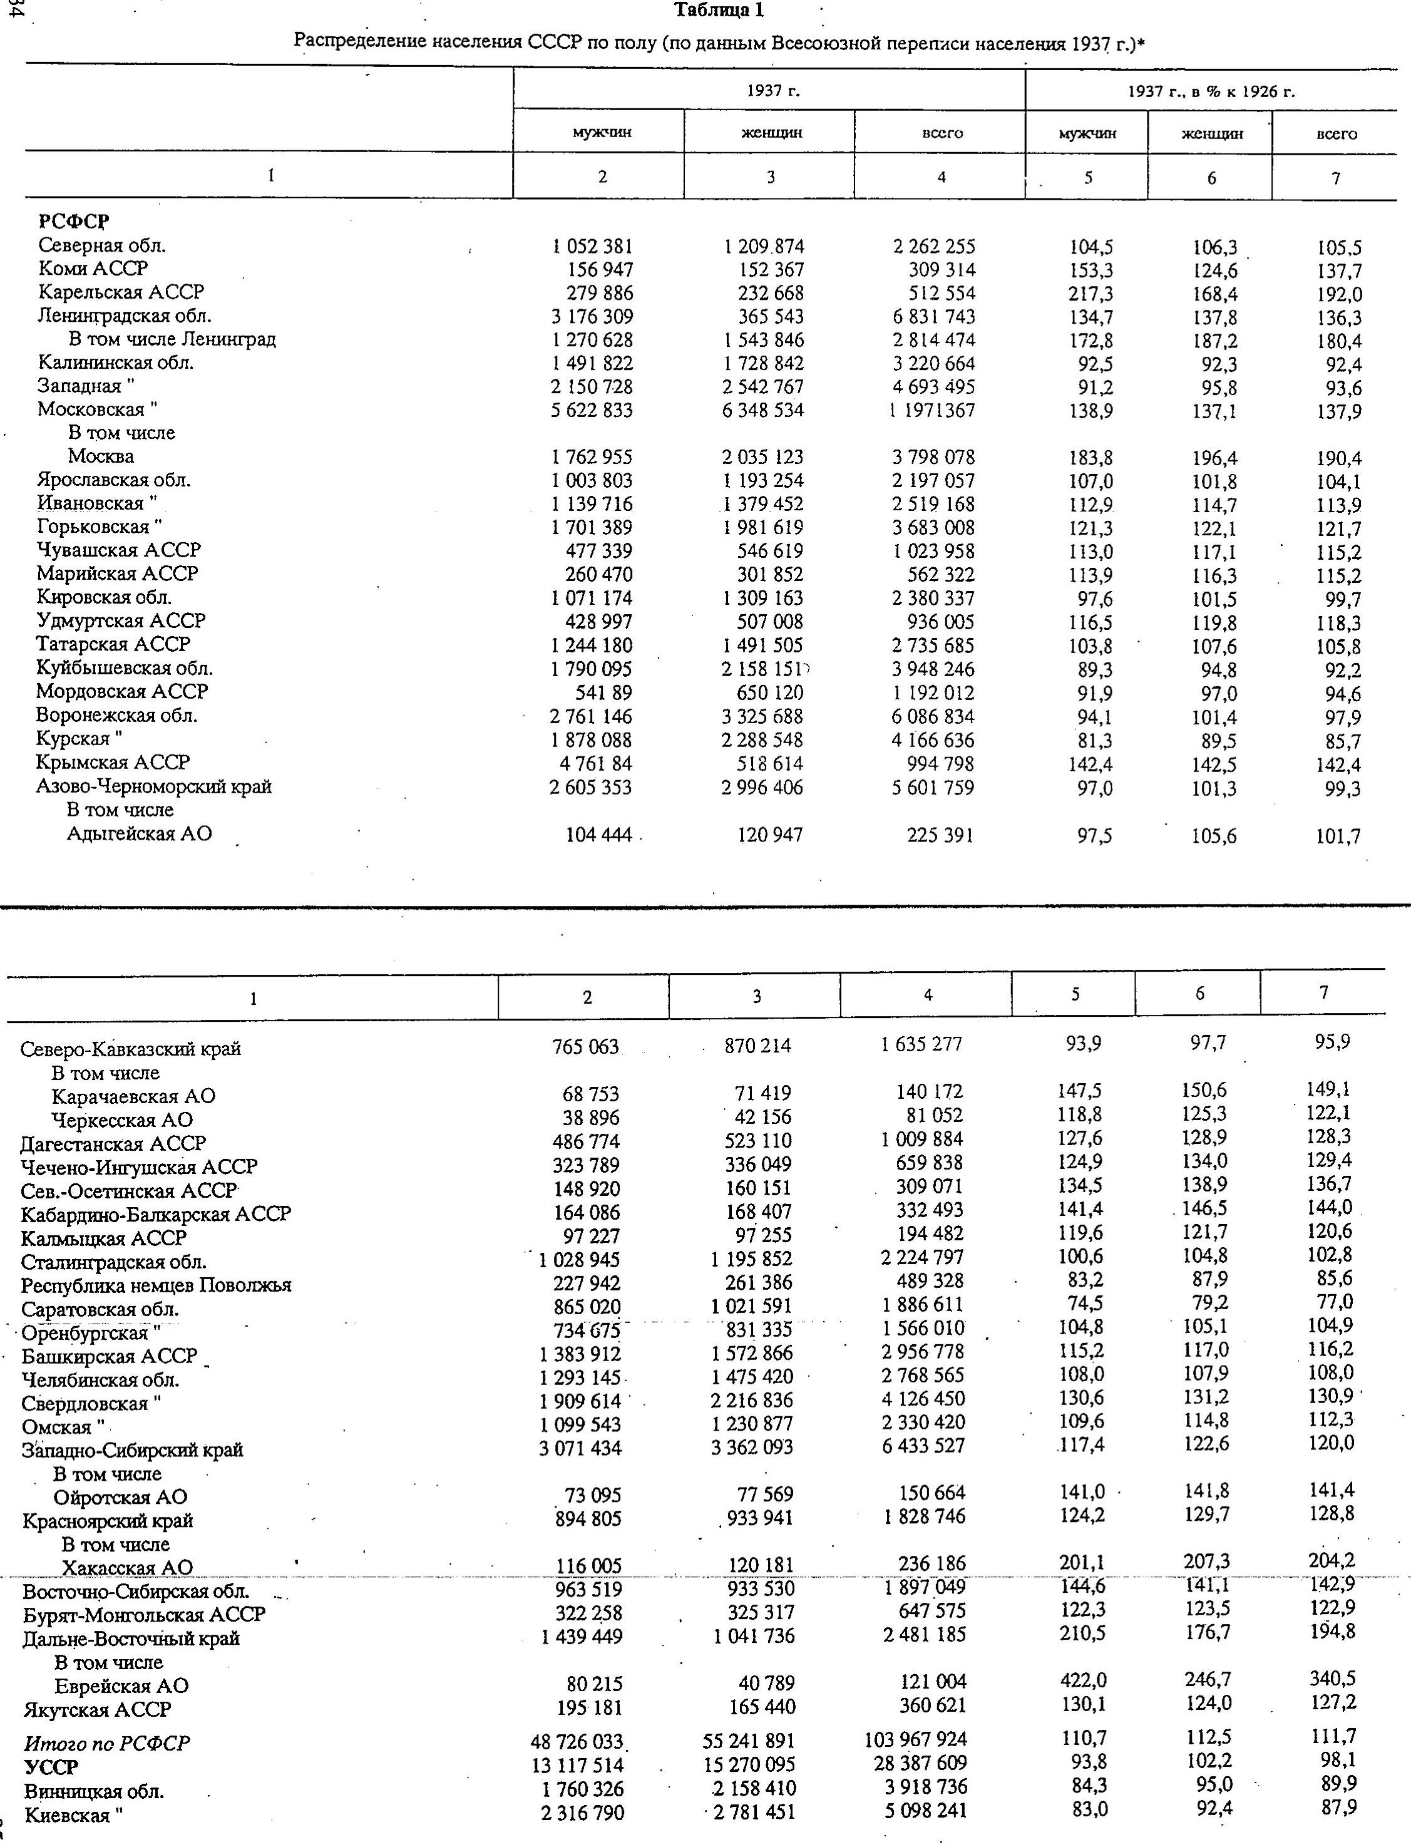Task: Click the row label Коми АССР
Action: click(x=93, y=269)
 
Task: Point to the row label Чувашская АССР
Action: click(x=118, y=550)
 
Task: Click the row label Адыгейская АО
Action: click(x=140, y=834)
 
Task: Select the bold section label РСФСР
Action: click(x=74, y=222)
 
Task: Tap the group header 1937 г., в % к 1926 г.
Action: click(x=1210, y=91)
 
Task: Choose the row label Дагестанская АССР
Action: click(x=113, y=1144)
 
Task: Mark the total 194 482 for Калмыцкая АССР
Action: click(x=928, y=1234)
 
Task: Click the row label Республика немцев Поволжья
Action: click(x=156, y=1286)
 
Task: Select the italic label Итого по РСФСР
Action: click(x=108, y=1743)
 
